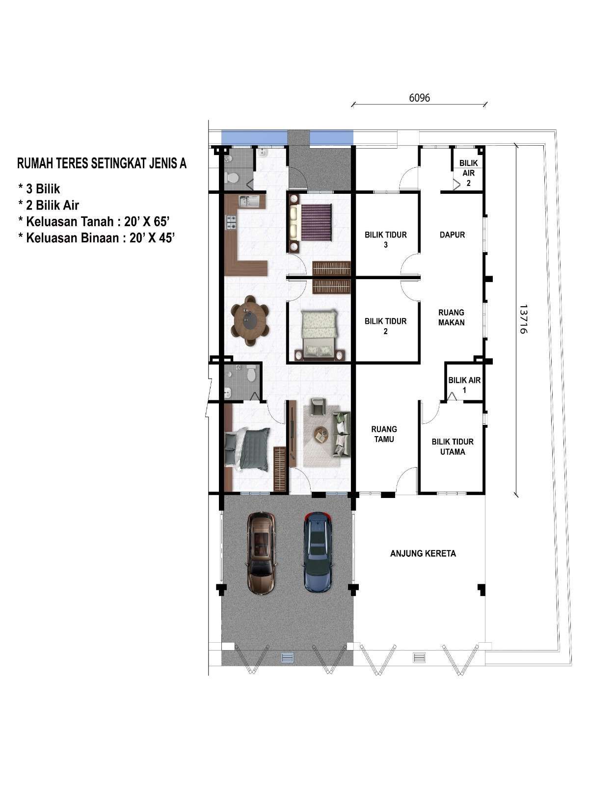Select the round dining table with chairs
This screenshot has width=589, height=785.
click(x=249, y=320)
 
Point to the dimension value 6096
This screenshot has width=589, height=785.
click(x=419, y=98)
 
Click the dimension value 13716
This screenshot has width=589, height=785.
click(x=523, y=319)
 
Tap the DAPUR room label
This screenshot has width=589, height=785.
click(x=452, y=235)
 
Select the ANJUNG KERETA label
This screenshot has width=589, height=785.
click(x=423, y=553)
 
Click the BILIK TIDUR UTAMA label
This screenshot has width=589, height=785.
click(x=453, y=446)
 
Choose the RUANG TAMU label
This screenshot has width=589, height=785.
click(x=384, y=434)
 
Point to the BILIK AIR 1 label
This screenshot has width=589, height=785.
click(x=464, y=385)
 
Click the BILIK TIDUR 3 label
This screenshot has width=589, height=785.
click(x=385, y=240)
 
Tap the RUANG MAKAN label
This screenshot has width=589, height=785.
click(x=451, y=317)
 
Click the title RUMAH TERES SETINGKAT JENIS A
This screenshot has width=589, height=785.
click(x=102, y=164)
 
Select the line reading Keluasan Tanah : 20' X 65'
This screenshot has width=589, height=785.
click(x=94, y=222)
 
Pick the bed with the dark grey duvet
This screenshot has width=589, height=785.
click(x=247, y=449)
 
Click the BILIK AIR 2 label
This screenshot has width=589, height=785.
click(x=468, y=173)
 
